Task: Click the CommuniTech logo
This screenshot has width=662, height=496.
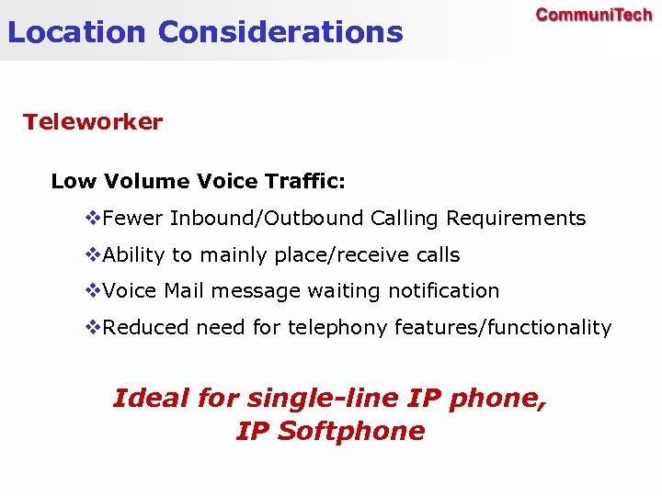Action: click(594, 15)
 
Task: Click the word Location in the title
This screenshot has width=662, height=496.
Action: click(76, 32)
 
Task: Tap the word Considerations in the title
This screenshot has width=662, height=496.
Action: click(280, 32)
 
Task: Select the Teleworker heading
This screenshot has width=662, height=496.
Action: click(93, 122)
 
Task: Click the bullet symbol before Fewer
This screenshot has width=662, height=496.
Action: click(92, 219)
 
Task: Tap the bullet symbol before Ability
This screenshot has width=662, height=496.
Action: click(92, 255)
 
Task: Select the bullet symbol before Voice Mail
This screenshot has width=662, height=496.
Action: click(92, 291)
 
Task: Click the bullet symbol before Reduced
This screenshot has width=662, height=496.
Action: click(92, 328)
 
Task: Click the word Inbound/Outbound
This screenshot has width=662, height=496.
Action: click(267, 219)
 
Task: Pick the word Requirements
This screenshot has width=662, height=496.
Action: click(516, 219)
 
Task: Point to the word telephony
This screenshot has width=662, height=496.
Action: click(330, 328)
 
